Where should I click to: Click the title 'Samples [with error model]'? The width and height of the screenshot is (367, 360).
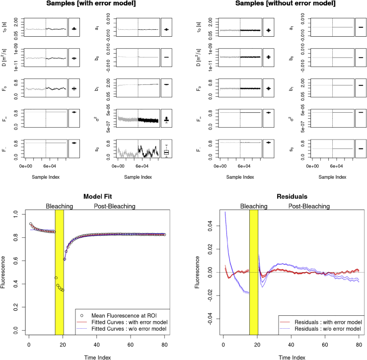pos(92,4)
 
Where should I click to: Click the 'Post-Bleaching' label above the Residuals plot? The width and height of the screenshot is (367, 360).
pos(309,206)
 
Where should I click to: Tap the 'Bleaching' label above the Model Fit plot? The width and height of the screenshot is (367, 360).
pos(60,206)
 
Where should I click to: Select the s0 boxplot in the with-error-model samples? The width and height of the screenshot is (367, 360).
pos(167,152)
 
